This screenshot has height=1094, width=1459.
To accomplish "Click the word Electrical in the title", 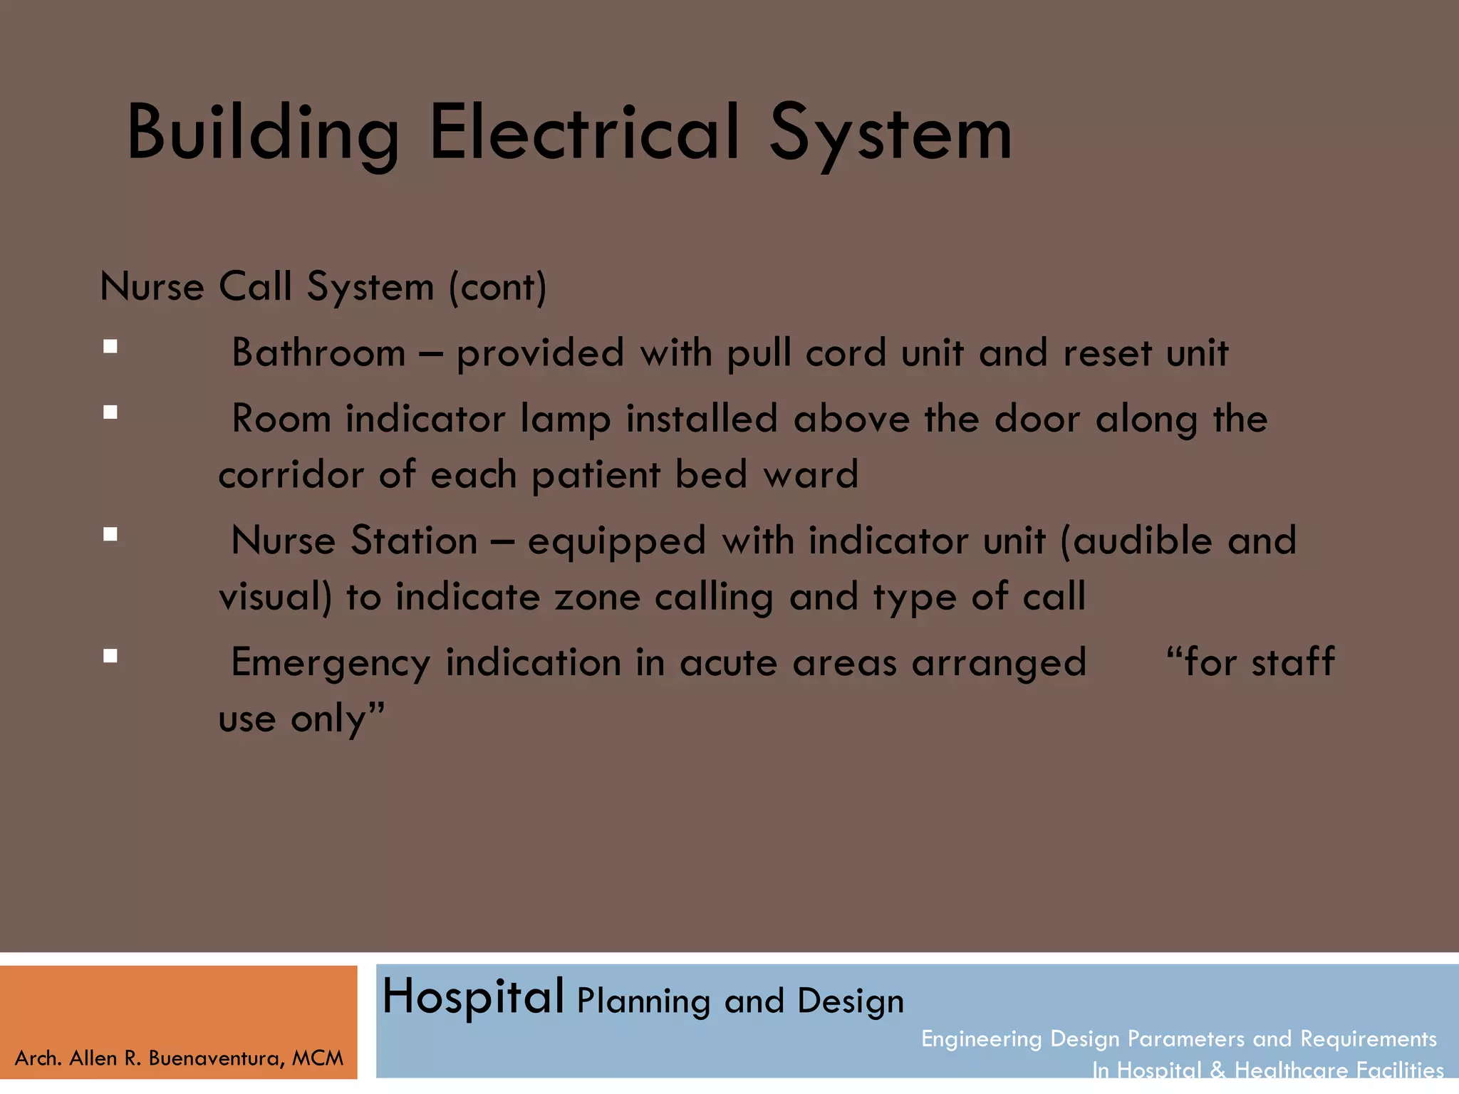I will (x=584, y=133).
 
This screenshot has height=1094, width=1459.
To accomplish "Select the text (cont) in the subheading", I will (x=497, y=287).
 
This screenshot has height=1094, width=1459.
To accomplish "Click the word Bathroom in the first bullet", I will (x=318, y=353).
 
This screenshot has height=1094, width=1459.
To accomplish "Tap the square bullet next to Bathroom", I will (x=110, y=347).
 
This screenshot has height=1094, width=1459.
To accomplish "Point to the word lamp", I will (x=565, y=420).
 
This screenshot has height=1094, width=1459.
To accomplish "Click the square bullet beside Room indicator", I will (x=110, y=412).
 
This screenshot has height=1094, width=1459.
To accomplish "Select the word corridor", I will (x=290, y=475).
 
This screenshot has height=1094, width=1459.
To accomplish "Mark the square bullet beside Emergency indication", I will (x=110, y=656).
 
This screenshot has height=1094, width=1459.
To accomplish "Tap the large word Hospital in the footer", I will (x=474, y=996).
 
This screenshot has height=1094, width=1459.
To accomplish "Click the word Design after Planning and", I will (x=851, y=1001).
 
